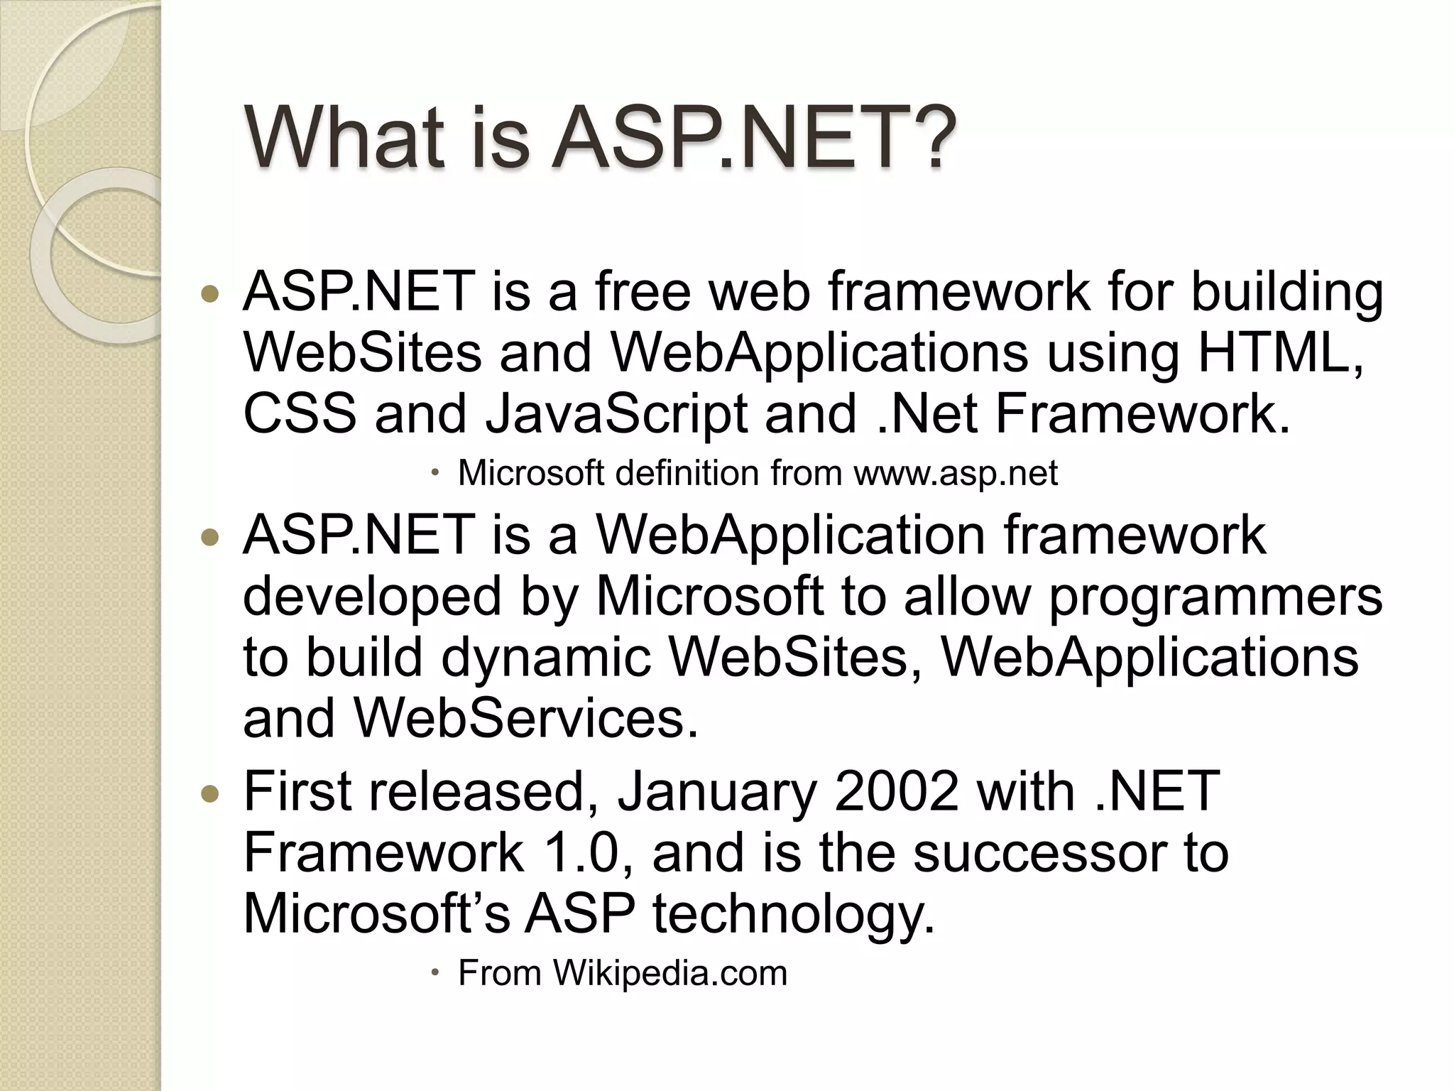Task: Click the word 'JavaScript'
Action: tap(616, 415)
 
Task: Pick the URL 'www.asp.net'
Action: tap(955, 473)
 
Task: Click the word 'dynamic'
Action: tap(545, 658)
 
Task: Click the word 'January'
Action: tap(716, 793)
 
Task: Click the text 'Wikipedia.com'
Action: tap(670, 973)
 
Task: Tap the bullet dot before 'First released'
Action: tap(211, 793)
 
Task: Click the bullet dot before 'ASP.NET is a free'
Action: tap(211, 293)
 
